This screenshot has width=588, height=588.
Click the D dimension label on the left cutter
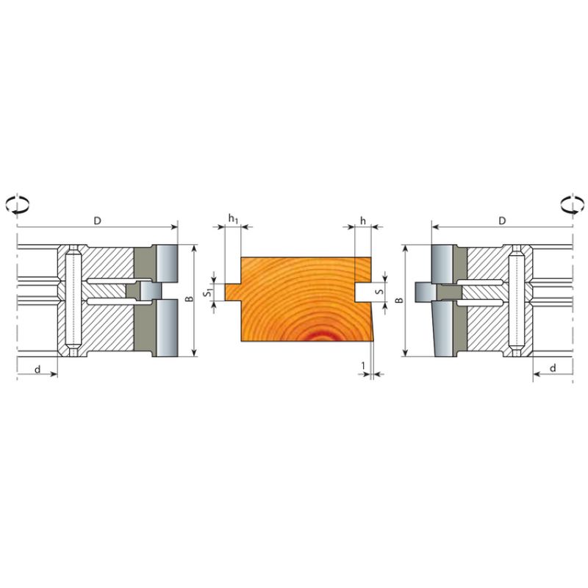coord(98,220)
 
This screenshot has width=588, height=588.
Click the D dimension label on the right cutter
coord(502,220)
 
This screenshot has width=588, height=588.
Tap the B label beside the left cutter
coord(190,299)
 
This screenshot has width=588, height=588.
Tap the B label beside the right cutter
coord(400,300)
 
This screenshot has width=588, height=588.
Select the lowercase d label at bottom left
coord(37,370)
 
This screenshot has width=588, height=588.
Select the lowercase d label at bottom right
coord(553,368)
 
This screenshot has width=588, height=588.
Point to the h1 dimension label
coord(233,218)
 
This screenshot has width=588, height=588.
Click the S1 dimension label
coord(208,293)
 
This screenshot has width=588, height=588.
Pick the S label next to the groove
coord(380,291)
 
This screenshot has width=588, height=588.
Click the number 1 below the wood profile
coord(363,365)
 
